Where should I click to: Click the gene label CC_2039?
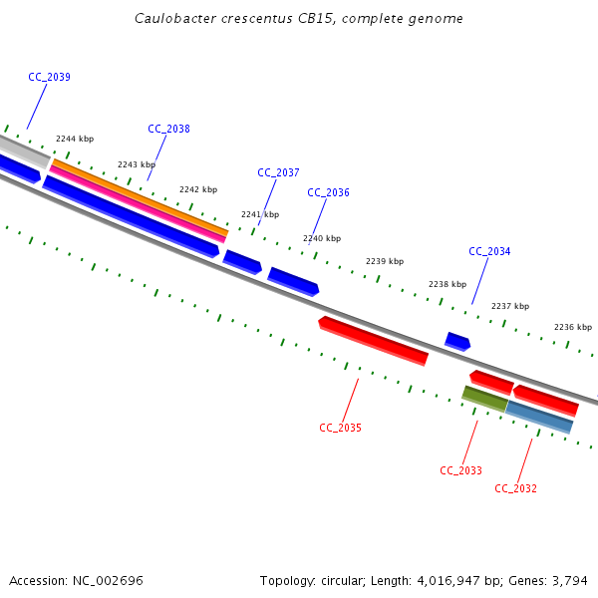[x=49, y=77]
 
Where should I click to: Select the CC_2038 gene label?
[x=168, y=129]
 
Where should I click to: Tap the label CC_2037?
[x=278, y=172]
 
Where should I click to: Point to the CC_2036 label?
[x=328, y=192]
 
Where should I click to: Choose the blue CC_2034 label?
[x=489, y=251]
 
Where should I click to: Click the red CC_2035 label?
[x=340, y=428]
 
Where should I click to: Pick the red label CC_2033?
[x=460, y=470]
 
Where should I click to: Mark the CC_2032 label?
[x=515, y=488]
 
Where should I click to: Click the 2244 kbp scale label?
[x=75, y=140]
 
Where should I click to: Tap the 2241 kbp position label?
[x=260, y=214]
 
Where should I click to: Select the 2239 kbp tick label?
[x=385, y=261]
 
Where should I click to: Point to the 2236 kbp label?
[x=573, y=327]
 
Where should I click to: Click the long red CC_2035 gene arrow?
[x=374, y=340]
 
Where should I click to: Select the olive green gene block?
[x=485, y=399]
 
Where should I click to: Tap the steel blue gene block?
[x=539, y=417]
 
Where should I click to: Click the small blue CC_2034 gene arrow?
[x=457, y=341]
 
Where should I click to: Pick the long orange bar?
[x=140, y=195]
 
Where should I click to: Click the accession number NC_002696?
[x=106, y=580]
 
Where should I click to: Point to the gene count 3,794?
[x=567, y=580]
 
